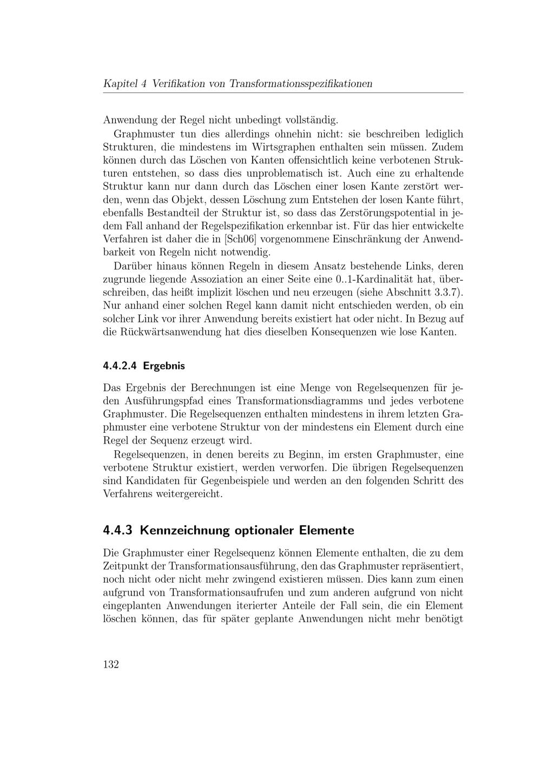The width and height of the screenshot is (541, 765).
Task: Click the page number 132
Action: coord(111,665)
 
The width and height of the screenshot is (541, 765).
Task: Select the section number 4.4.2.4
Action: coord(120,366)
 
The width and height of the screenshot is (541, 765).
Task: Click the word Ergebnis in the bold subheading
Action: coord(164,366)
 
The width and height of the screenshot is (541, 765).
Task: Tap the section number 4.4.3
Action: coord(117,530)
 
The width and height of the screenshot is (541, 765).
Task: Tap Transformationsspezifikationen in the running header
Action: coord(301,84)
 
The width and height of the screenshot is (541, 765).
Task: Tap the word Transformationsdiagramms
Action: coord(300,401)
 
